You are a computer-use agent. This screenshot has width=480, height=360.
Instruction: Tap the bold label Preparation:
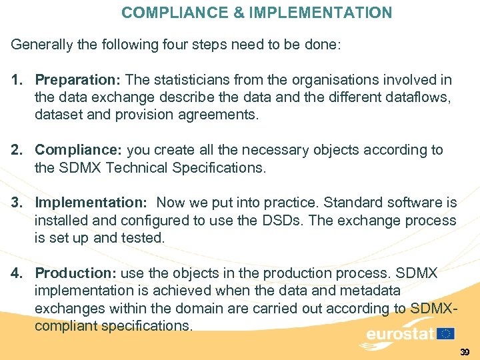tap(77, 81)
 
